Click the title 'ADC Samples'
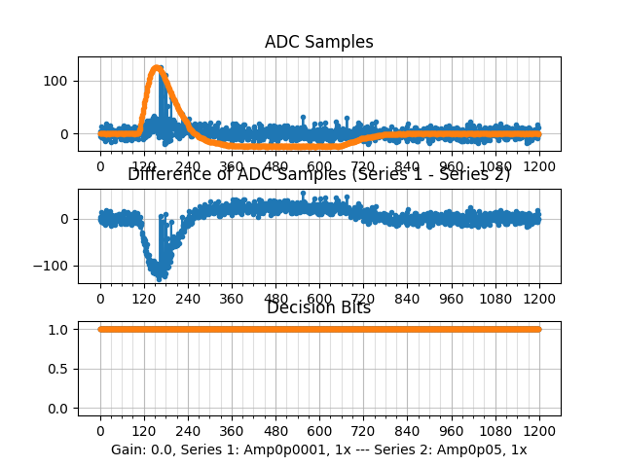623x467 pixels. point(318,42)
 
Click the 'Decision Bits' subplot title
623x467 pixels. point(318,308)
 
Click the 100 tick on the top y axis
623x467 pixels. point(60,81)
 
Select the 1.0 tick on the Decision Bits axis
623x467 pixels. point(60,329)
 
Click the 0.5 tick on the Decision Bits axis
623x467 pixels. point(60,369)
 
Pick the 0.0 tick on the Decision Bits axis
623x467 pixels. point(60,409)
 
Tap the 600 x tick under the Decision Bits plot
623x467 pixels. point(319,432)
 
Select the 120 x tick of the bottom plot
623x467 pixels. point(144,432)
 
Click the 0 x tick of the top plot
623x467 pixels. point(100,166)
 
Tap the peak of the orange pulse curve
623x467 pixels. point(158,68)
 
